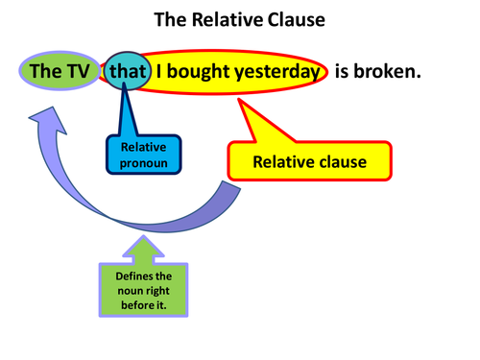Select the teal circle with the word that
126,71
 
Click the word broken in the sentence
392,71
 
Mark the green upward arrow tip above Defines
141,241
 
